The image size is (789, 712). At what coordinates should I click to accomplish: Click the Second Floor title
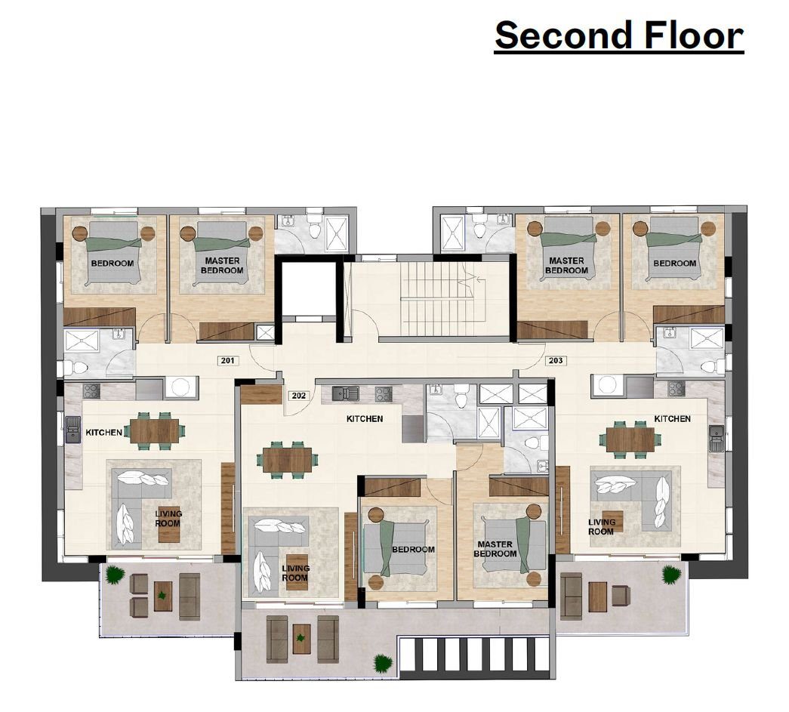coord(619,35)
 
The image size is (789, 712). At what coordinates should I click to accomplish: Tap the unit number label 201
coord(228,360)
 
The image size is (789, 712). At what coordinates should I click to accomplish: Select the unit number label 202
coord(299,396)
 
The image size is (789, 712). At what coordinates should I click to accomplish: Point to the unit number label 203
coord(556,360)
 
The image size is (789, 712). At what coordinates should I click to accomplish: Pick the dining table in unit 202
coord(288,460)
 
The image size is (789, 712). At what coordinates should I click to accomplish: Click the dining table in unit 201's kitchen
coord(155,431)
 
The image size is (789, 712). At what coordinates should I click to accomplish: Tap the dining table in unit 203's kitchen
coord(630,439)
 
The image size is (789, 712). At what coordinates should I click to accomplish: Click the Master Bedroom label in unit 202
coord(495,549)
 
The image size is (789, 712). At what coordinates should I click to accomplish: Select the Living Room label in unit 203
coord(601,527)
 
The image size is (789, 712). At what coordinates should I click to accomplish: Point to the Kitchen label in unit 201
coord(103,432)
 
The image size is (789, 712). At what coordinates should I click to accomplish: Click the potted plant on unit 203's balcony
coord(671,574)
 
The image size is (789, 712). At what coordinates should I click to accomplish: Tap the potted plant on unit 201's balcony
coord(116,574)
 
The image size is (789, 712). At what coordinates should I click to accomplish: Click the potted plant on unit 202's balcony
coord(383,663)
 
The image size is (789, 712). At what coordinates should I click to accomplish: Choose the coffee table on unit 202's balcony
coord(301,639)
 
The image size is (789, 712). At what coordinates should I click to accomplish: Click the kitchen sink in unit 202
coord(346,393)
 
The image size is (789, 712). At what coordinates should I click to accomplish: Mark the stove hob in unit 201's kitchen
coord(91,391)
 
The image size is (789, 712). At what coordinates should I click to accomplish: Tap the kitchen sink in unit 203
coord(716,438)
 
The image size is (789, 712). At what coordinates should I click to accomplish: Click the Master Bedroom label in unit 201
coord(222,265)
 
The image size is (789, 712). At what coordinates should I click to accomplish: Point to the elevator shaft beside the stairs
coord(309,290)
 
